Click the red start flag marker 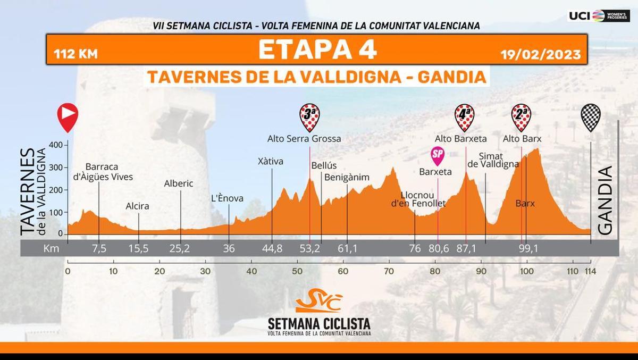tap(68, 116)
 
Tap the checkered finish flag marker tap(591, 116)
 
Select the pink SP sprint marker tap(438, 155)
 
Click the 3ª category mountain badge tap(309, 116)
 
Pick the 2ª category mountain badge tap(521, 116)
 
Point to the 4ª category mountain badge tap(465, 116)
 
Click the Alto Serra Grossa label tap(304, 139)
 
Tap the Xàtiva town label tap(271, 161)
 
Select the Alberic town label tap(179, 183)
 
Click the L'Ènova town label tap(227, 198)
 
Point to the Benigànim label tap(347, 177)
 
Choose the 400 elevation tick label tap(55, 145)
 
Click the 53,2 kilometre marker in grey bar tap(309, 248)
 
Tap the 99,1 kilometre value tap(526, 248)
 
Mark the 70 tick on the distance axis tap(390, 271)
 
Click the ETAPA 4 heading tap(317, 49)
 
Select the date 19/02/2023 tap(540, 54)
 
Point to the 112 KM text tap(75, 54)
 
